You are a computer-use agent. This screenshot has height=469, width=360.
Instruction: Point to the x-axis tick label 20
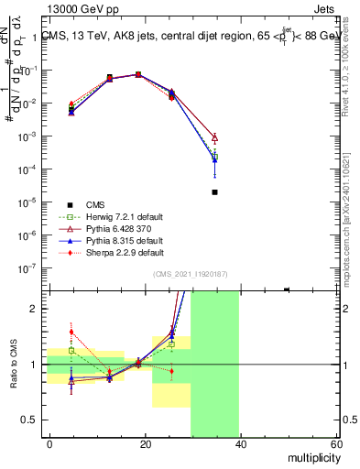click(x=146, y=444)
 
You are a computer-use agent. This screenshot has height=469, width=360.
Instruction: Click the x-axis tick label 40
click(x=240, y=444)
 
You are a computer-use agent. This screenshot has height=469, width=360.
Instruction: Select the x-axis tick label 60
click(x=334, y=444)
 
